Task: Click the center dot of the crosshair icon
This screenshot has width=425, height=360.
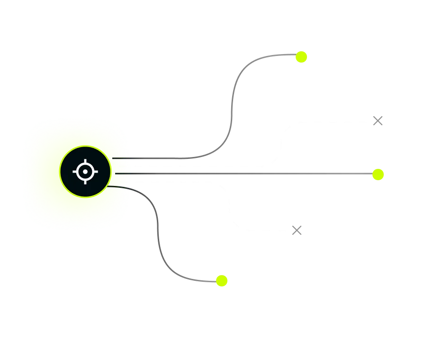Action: click(85, 172)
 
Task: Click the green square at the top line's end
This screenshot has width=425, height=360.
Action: click(301, 57)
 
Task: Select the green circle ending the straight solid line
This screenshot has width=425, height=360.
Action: click(378, 175)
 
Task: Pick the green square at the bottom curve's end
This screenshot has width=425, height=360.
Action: click(222, 280)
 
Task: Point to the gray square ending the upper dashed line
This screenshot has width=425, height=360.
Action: click(377, 121)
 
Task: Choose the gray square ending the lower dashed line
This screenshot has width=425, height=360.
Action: click(297, 230)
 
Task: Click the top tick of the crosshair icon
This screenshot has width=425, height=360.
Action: click(85, 162)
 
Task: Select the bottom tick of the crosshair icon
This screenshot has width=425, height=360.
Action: click(85, 182)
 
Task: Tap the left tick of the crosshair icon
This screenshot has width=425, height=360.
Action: click(75, 172)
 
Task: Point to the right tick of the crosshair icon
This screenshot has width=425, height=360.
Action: click(95, 172)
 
